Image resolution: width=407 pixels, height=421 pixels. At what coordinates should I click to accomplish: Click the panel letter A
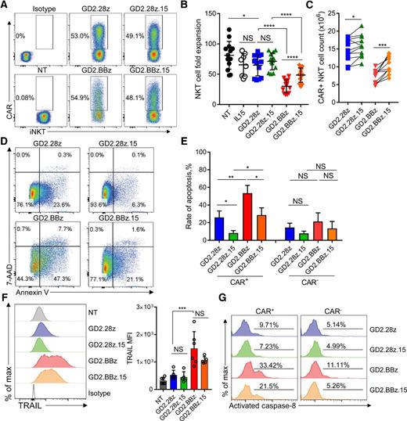coord(5,6)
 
